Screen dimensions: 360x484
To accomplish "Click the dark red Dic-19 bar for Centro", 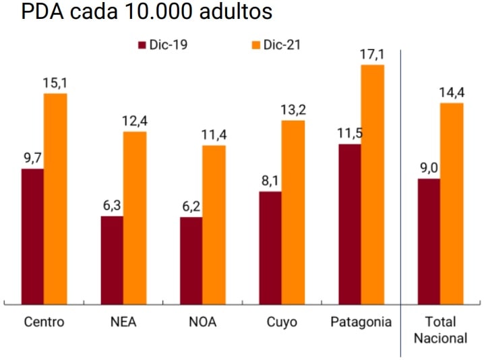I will [x=32, y=236].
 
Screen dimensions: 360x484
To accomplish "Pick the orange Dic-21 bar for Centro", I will [x=55, y=199].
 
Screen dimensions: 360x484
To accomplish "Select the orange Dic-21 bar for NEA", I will [x=135, y=218].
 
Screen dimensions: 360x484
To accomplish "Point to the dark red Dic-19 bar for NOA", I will [x=191, y=260].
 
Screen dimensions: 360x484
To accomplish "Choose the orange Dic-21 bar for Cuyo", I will [x=293, y=212].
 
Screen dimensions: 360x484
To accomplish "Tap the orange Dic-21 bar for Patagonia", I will [x=373, y=185].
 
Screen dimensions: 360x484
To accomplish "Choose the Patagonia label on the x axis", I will [x=361, y=322].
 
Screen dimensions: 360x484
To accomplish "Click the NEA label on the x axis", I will [x=123, y=322].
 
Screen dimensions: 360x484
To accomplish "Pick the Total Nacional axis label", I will [x=440, y=330].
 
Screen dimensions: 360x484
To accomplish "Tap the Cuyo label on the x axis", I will [x=281, y=322].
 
